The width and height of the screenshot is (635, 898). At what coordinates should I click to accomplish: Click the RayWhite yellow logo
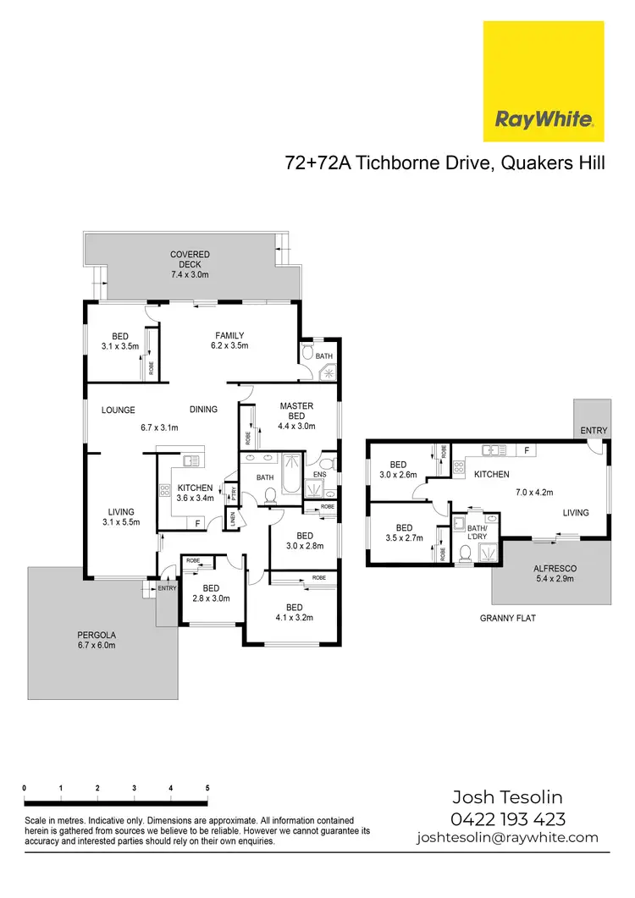pyautogui.click(x=543, y=81)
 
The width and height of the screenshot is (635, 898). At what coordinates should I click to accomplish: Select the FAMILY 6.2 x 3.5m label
pyautogui.click(x=229, y=340)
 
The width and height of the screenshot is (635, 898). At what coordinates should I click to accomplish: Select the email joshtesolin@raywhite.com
pyautogui.click(x=507, y=838)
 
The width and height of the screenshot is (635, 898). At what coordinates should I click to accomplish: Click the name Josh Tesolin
pyautogui.click(x=507, y=797)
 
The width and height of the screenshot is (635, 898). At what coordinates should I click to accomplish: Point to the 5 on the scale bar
pyautogui.click(x=207, y=788)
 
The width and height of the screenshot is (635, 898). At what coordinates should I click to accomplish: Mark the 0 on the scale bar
pyautogui.click(x=25, y=788)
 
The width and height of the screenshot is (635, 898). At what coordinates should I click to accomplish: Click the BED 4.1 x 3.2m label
pyautogui.click(x=294, y=612)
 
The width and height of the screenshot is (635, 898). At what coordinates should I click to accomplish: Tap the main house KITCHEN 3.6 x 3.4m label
pyautogui.click(x=196, y=493)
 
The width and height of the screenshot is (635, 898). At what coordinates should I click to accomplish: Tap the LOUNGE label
pyautogui.click(x=119, y=410)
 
